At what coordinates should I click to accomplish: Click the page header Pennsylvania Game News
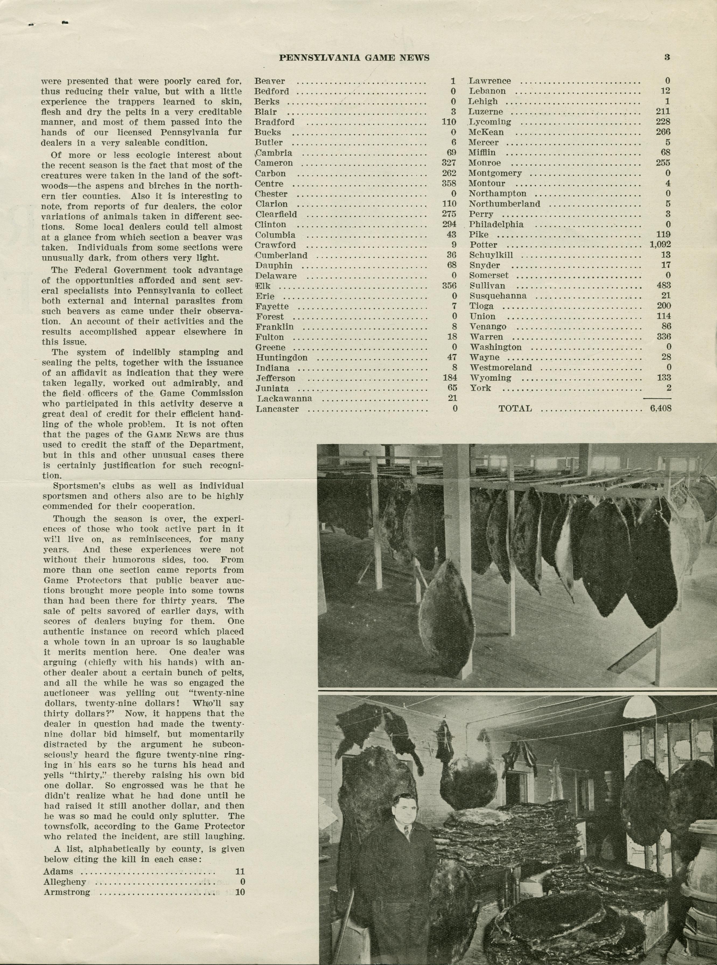354,58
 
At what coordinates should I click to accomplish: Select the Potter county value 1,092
660,245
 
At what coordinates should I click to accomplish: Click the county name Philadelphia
496,224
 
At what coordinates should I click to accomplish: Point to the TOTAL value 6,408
660,408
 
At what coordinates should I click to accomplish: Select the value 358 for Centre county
449,184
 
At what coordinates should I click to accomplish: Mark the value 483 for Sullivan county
663,285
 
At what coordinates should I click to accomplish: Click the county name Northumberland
504,204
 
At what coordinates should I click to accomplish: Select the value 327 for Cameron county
449,163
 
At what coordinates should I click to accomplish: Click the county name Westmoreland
501,368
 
